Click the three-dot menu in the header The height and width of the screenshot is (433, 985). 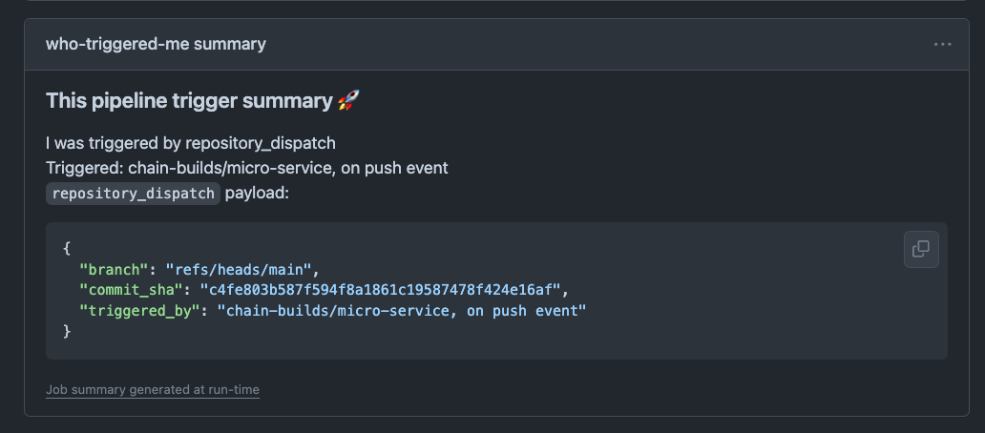943,44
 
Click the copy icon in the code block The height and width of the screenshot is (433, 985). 921,249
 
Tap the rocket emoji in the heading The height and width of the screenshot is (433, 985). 348,100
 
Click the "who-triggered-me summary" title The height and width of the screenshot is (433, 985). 156,44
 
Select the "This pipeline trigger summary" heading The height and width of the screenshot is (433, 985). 189,100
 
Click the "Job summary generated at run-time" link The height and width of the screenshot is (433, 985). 153,389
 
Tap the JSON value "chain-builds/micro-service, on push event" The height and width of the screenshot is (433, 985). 401,310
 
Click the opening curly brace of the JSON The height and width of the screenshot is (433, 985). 67,248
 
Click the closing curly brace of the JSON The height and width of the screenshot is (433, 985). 67,331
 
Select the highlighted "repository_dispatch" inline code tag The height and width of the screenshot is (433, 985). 134,193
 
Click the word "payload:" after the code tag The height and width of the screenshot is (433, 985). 256,193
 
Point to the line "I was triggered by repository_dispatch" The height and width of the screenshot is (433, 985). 191,143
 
